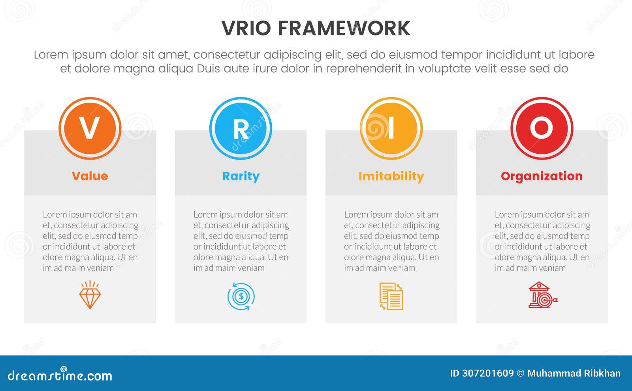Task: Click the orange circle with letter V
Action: tap(90, 128)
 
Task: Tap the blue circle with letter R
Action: tap(241, 128)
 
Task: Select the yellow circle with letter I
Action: tap(391, 128)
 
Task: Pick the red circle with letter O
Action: tap(542, 128)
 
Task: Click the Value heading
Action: tap(90, 176)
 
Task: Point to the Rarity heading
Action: tap(241, 176)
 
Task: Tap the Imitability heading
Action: tap(391, 176)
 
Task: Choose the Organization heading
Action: tap(542, 176)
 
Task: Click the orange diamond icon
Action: tap(90, 295)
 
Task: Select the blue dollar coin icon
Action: tap(241, 296)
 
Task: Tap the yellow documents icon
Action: tap(391, 296)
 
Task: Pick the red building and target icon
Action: tap(542, 295)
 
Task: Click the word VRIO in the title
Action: tap(246, 28)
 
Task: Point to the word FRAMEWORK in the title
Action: tap(344, 28)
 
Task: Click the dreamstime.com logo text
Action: tap(60, 375)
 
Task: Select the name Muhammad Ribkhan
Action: tap(574, 373)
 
